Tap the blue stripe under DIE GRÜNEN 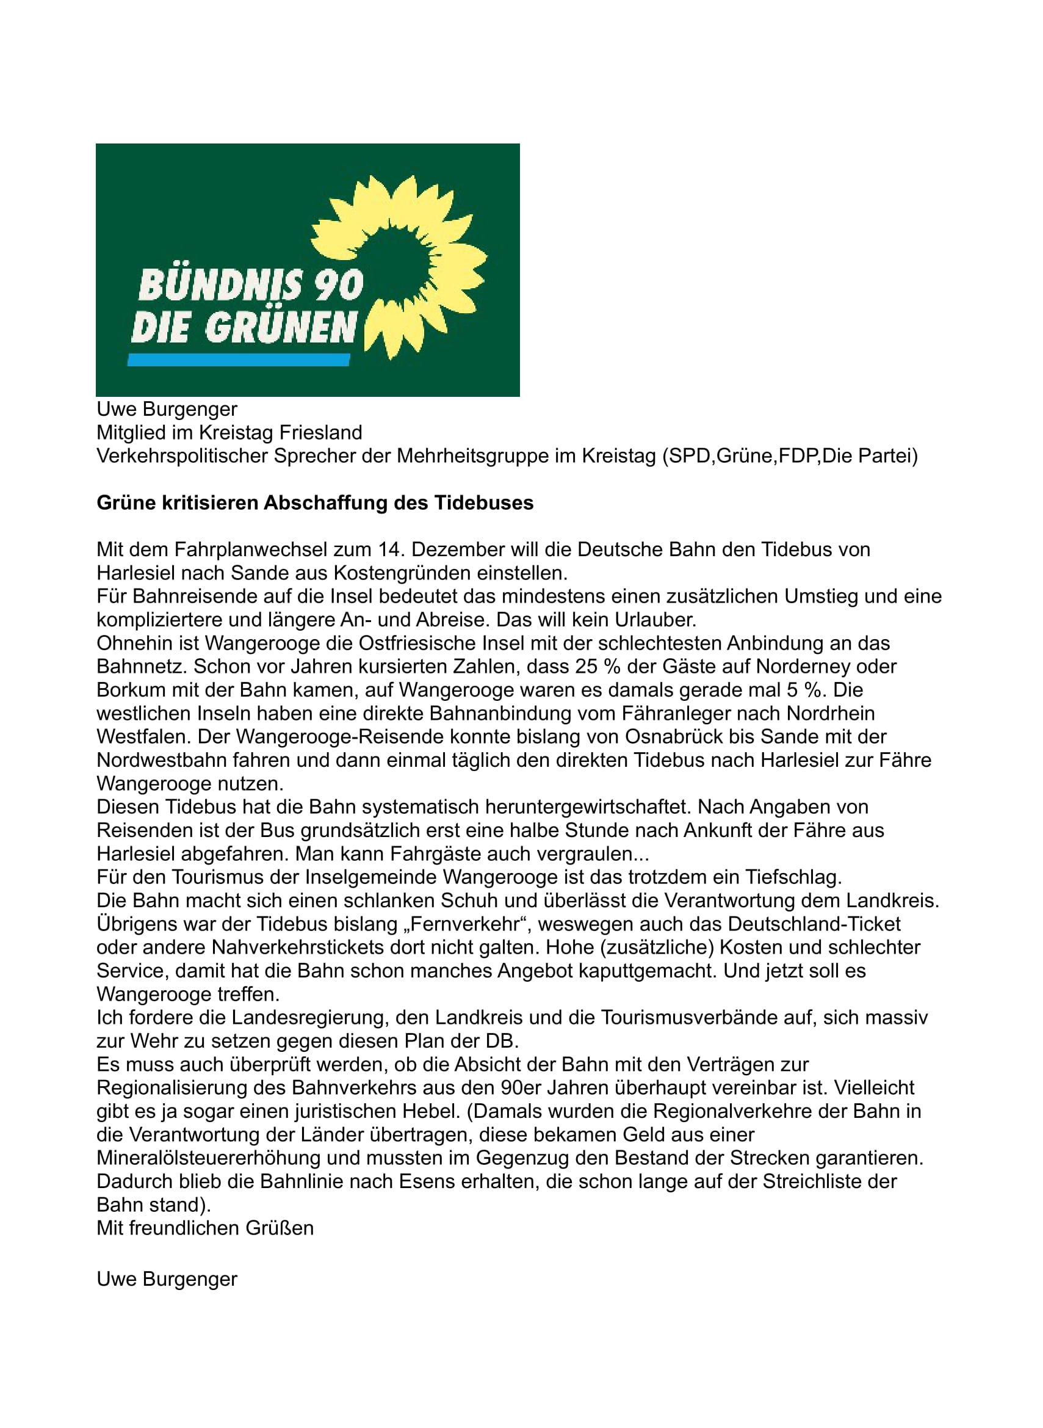tap(239, 360)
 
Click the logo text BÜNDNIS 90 tap(251, 286)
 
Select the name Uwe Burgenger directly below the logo tap(167, 409)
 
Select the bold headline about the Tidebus tap(314, 502)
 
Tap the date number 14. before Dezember tap(390, 549)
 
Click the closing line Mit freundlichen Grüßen tap(205, 1228)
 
